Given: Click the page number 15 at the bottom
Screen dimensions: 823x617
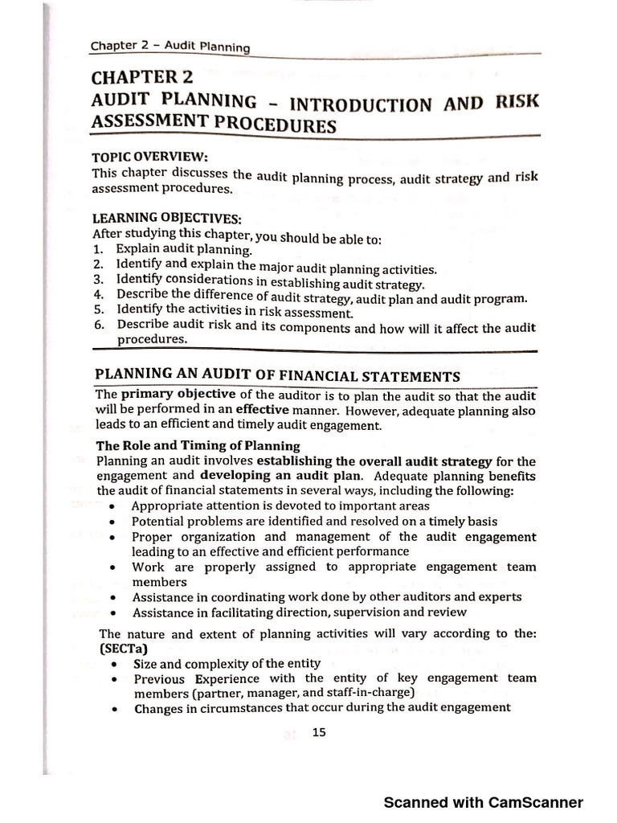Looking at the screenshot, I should coord(318,732).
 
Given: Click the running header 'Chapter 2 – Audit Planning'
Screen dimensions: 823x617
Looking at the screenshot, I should coord(170,47).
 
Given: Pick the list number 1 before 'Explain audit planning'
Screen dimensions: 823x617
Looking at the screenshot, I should coord(97,250).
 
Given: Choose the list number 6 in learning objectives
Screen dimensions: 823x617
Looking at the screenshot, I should coord(98,325).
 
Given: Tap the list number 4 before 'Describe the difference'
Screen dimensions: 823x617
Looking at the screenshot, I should coord(98,295).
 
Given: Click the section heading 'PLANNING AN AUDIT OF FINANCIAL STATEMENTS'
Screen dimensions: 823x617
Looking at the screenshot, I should coord(278,375).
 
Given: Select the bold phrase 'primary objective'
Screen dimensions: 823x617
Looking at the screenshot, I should coord(178,395).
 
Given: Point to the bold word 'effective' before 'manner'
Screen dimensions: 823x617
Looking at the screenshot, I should coord(262,410).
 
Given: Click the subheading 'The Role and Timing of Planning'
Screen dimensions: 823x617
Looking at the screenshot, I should coord(198,445).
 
